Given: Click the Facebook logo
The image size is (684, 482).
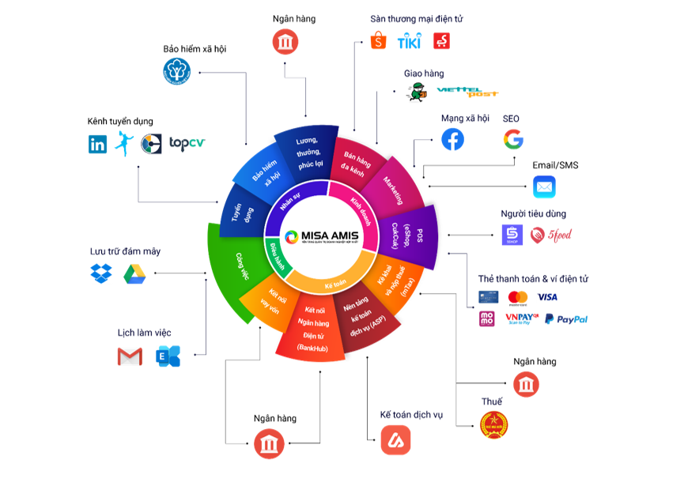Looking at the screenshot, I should click(453, 140).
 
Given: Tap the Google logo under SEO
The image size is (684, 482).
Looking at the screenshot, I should click(513, 140).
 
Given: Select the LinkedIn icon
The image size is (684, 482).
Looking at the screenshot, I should click(98, 144).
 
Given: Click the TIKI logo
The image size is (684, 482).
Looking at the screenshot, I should click(410, 40).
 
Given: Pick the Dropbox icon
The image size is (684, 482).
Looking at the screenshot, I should click(101, 274).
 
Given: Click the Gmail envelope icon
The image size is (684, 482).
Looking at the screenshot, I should click(130, 357).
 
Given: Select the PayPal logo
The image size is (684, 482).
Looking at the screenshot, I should click(565, 319).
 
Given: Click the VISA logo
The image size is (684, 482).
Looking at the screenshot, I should click(547, 297).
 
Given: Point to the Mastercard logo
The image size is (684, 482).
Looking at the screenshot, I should click(518, 297).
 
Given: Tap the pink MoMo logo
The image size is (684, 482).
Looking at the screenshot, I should click(487, 319).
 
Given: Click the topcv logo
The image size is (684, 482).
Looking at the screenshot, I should click(187, 144).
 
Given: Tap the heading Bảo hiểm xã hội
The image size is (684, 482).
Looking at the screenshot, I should click(195, 49).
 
